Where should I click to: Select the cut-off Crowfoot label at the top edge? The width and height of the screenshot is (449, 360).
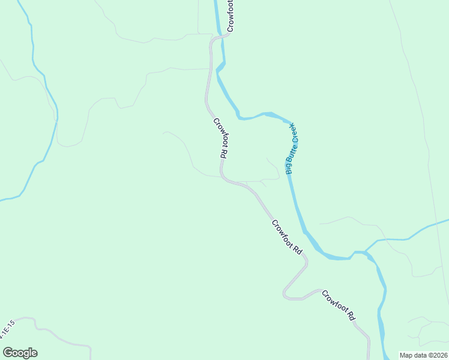tap(231, 16)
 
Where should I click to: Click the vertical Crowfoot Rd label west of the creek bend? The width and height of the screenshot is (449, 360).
tap(220, 137)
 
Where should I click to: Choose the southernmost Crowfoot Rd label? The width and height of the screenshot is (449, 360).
tap(339, 305)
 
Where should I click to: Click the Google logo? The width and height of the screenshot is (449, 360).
tap(20, 353)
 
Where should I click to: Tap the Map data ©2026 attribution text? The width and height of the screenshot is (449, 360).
tap(423, 355)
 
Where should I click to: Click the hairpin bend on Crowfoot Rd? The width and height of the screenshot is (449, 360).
tap(286, 295)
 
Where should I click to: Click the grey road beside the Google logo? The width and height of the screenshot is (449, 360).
tap(66, 344)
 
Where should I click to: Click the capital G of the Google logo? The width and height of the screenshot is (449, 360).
tap(8, 353)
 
